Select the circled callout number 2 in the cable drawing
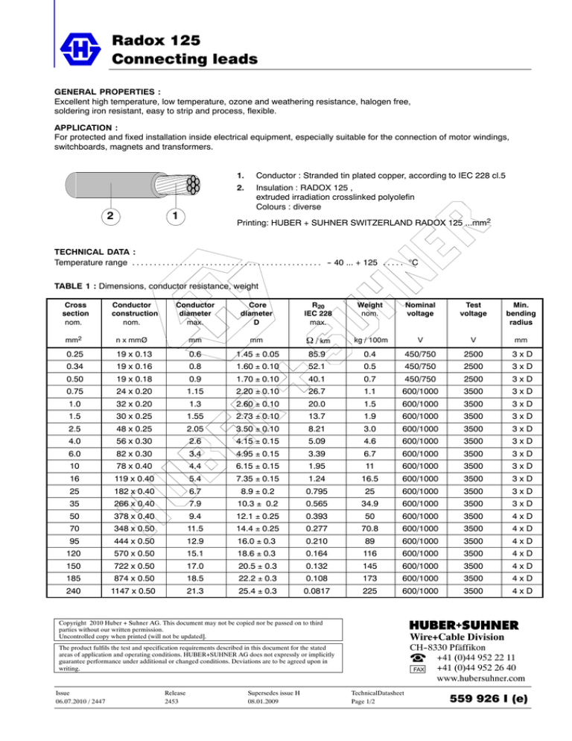108,215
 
